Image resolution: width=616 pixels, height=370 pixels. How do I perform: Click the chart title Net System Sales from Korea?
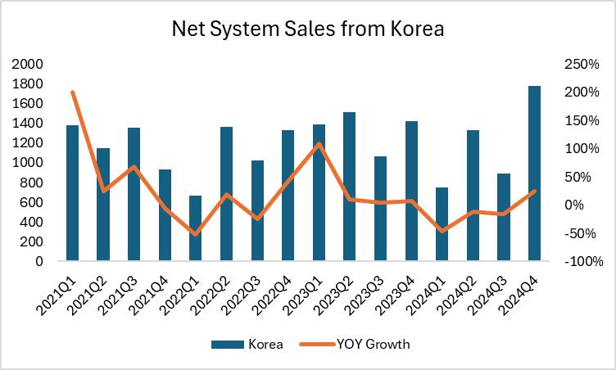point(307,29)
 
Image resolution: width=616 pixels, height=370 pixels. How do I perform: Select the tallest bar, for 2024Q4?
point(534,174)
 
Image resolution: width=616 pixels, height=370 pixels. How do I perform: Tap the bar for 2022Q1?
point(195,228)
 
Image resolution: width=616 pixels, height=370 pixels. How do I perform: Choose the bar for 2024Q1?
point(442,224)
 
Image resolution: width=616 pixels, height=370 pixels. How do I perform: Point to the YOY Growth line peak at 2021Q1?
point(72,92)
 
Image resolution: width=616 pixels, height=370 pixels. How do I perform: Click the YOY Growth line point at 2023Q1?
point(319,144)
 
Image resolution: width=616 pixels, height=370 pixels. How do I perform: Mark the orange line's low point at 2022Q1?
point(195,234)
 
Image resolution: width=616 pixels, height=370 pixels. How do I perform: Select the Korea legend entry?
point(246,345)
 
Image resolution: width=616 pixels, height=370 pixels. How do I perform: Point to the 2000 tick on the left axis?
point(29,64)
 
